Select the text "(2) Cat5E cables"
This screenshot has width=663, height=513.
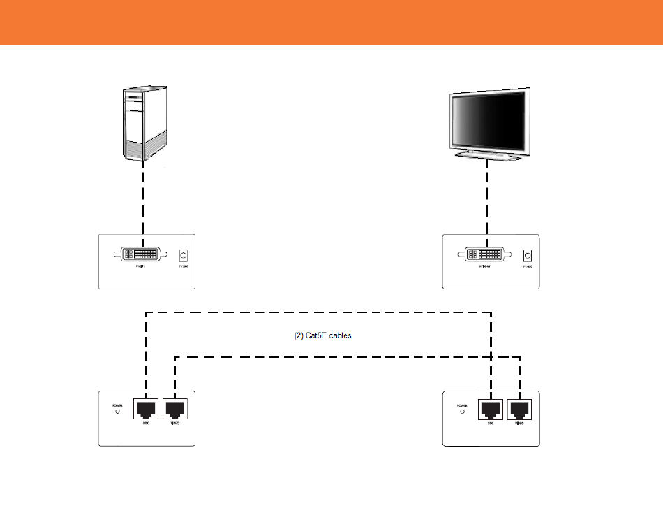(322, 335)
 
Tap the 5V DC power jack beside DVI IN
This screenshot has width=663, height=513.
(184, 256)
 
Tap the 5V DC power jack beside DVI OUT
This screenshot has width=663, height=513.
(528, 256)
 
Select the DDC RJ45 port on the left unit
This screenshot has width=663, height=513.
(146, 409)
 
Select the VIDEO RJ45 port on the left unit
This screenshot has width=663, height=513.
(174, 409)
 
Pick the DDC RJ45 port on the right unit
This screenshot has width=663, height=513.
(491, 409)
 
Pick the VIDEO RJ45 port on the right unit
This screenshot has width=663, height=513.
(520, 409)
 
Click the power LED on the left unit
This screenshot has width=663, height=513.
(117, 412)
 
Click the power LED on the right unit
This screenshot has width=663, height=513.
(462, 412)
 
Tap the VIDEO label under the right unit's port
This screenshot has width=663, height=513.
(519, 424)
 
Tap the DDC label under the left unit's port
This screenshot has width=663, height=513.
(146, 424)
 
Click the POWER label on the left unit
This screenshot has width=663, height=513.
(117, 405)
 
